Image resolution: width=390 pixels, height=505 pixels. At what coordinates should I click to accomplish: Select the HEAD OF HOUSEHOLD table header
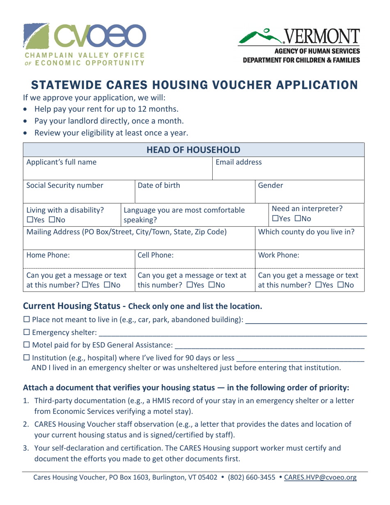pos(195,148)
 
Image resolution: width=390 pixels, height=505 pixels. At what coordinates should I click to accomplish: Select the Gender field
pos(310,190)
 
